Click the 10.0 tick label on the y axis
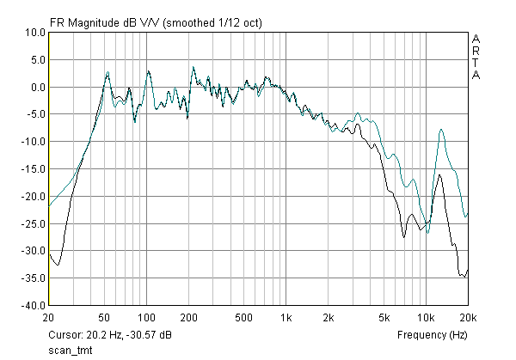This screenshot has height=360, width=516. (34, 33)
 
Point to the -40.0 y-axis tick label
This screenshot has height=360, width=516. (33, 305)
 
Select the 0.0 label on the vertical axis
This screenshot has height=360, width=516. (37, 87)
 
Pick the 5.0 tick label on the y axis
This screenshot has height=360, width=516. (37, 60)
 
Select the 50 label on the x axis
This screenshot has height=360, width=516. (106, 316)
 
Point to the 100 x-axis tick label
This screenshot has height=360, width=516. (145, 316)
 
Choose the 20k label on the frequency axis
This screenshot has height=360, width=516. (468, 316)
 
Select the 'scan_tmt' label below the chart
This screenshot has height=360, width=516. (71, 350)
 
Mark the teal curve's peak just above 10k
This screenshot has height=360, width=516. (441, 130)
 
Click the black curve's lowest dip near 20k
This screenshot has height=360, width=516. (465, 277)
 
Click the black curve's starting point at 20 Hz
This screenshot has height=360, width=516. (50, 253)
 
